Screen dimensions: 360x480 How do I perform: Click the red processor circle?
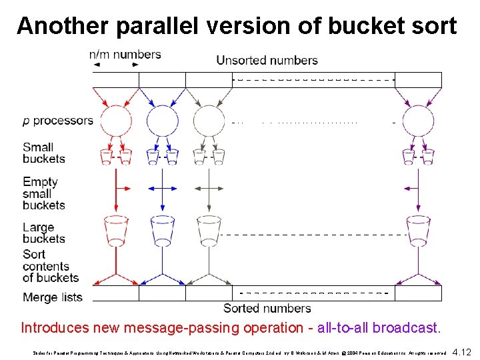(115, 121)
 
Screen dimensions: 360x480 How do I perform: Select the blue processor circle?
(162, 121)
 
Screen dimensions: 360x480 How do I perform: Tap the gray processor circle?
(209, 121)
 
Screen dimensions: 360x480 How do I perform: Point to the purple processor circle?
(418, 121)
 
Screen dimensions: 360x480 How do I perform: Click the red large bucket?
(115, 228)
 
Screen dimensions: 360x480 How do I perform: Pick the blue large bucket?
(162, 228)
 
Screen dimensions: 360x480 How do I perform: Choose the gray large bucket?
(209, 228)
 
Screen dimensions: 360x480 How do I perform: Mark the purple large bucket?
(418, 228)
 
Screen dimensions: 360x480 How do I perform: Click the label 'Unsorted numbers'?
(267, 61)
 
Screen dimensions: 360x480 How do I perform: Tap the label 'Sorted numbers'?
(267, 309)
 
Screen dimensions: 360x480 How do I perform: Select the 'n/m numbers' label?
(125, 55)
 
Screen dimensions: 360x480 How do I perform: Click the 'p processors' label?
(57, 121)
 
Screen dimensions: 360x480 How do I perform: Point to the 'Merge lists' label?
(53, 297)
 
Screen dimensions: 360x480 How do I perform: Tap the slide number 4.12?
(461, 351)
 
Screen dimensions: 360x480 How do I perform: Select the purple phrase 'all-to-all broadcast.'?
(379, 328)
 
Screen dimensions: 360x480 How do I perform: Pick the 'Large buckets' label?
(44, 233)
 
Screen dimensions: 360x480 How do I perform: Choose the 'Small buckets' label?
(44, 153)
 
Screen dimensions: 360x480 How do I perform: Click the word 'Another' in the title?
(63, 25)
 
